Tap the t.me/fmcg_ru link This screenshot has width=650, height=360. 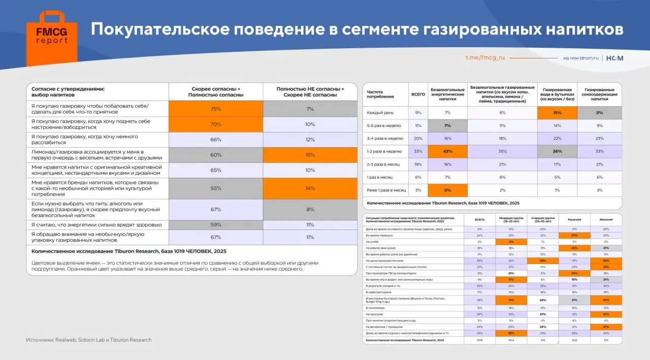click(x=485, y=58)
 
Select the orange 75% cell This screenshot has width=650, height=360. click(x=216, y=109)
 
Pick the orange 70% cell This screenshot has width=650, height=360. click(x=216, y=124)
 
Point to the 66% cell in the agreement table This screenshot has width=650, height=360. click(x=216, y=140)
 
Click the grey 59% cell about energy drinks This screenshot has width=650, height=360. click(x=216, y=224)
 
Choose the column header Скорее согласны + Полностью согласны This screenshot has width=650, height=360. click(x=216, y=91)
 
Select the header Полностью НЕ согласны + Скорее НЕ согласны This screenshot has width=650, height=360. click(x=310, y=91)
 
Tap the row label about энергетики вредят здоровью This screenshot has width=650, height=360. click(x=96, y=224)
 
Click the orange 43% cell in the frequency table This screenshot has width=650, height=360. click(x=447, y=151)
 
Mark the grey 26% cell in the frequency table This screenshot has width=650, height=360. click(x=557, y=151)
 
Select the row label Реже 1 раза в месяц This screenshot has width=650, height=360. click(x=386, y=190)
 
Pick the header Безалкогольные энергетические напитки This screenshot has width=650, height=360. click(x=447, y=94)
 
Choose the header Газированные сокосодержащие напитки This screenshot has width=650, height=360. click(x=600, y=94)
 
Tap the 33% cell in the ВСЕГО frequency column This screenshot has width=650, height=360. click(x=418, y=151)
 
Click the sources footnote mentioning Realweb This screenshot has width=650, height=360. click(x=89, y=340)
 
